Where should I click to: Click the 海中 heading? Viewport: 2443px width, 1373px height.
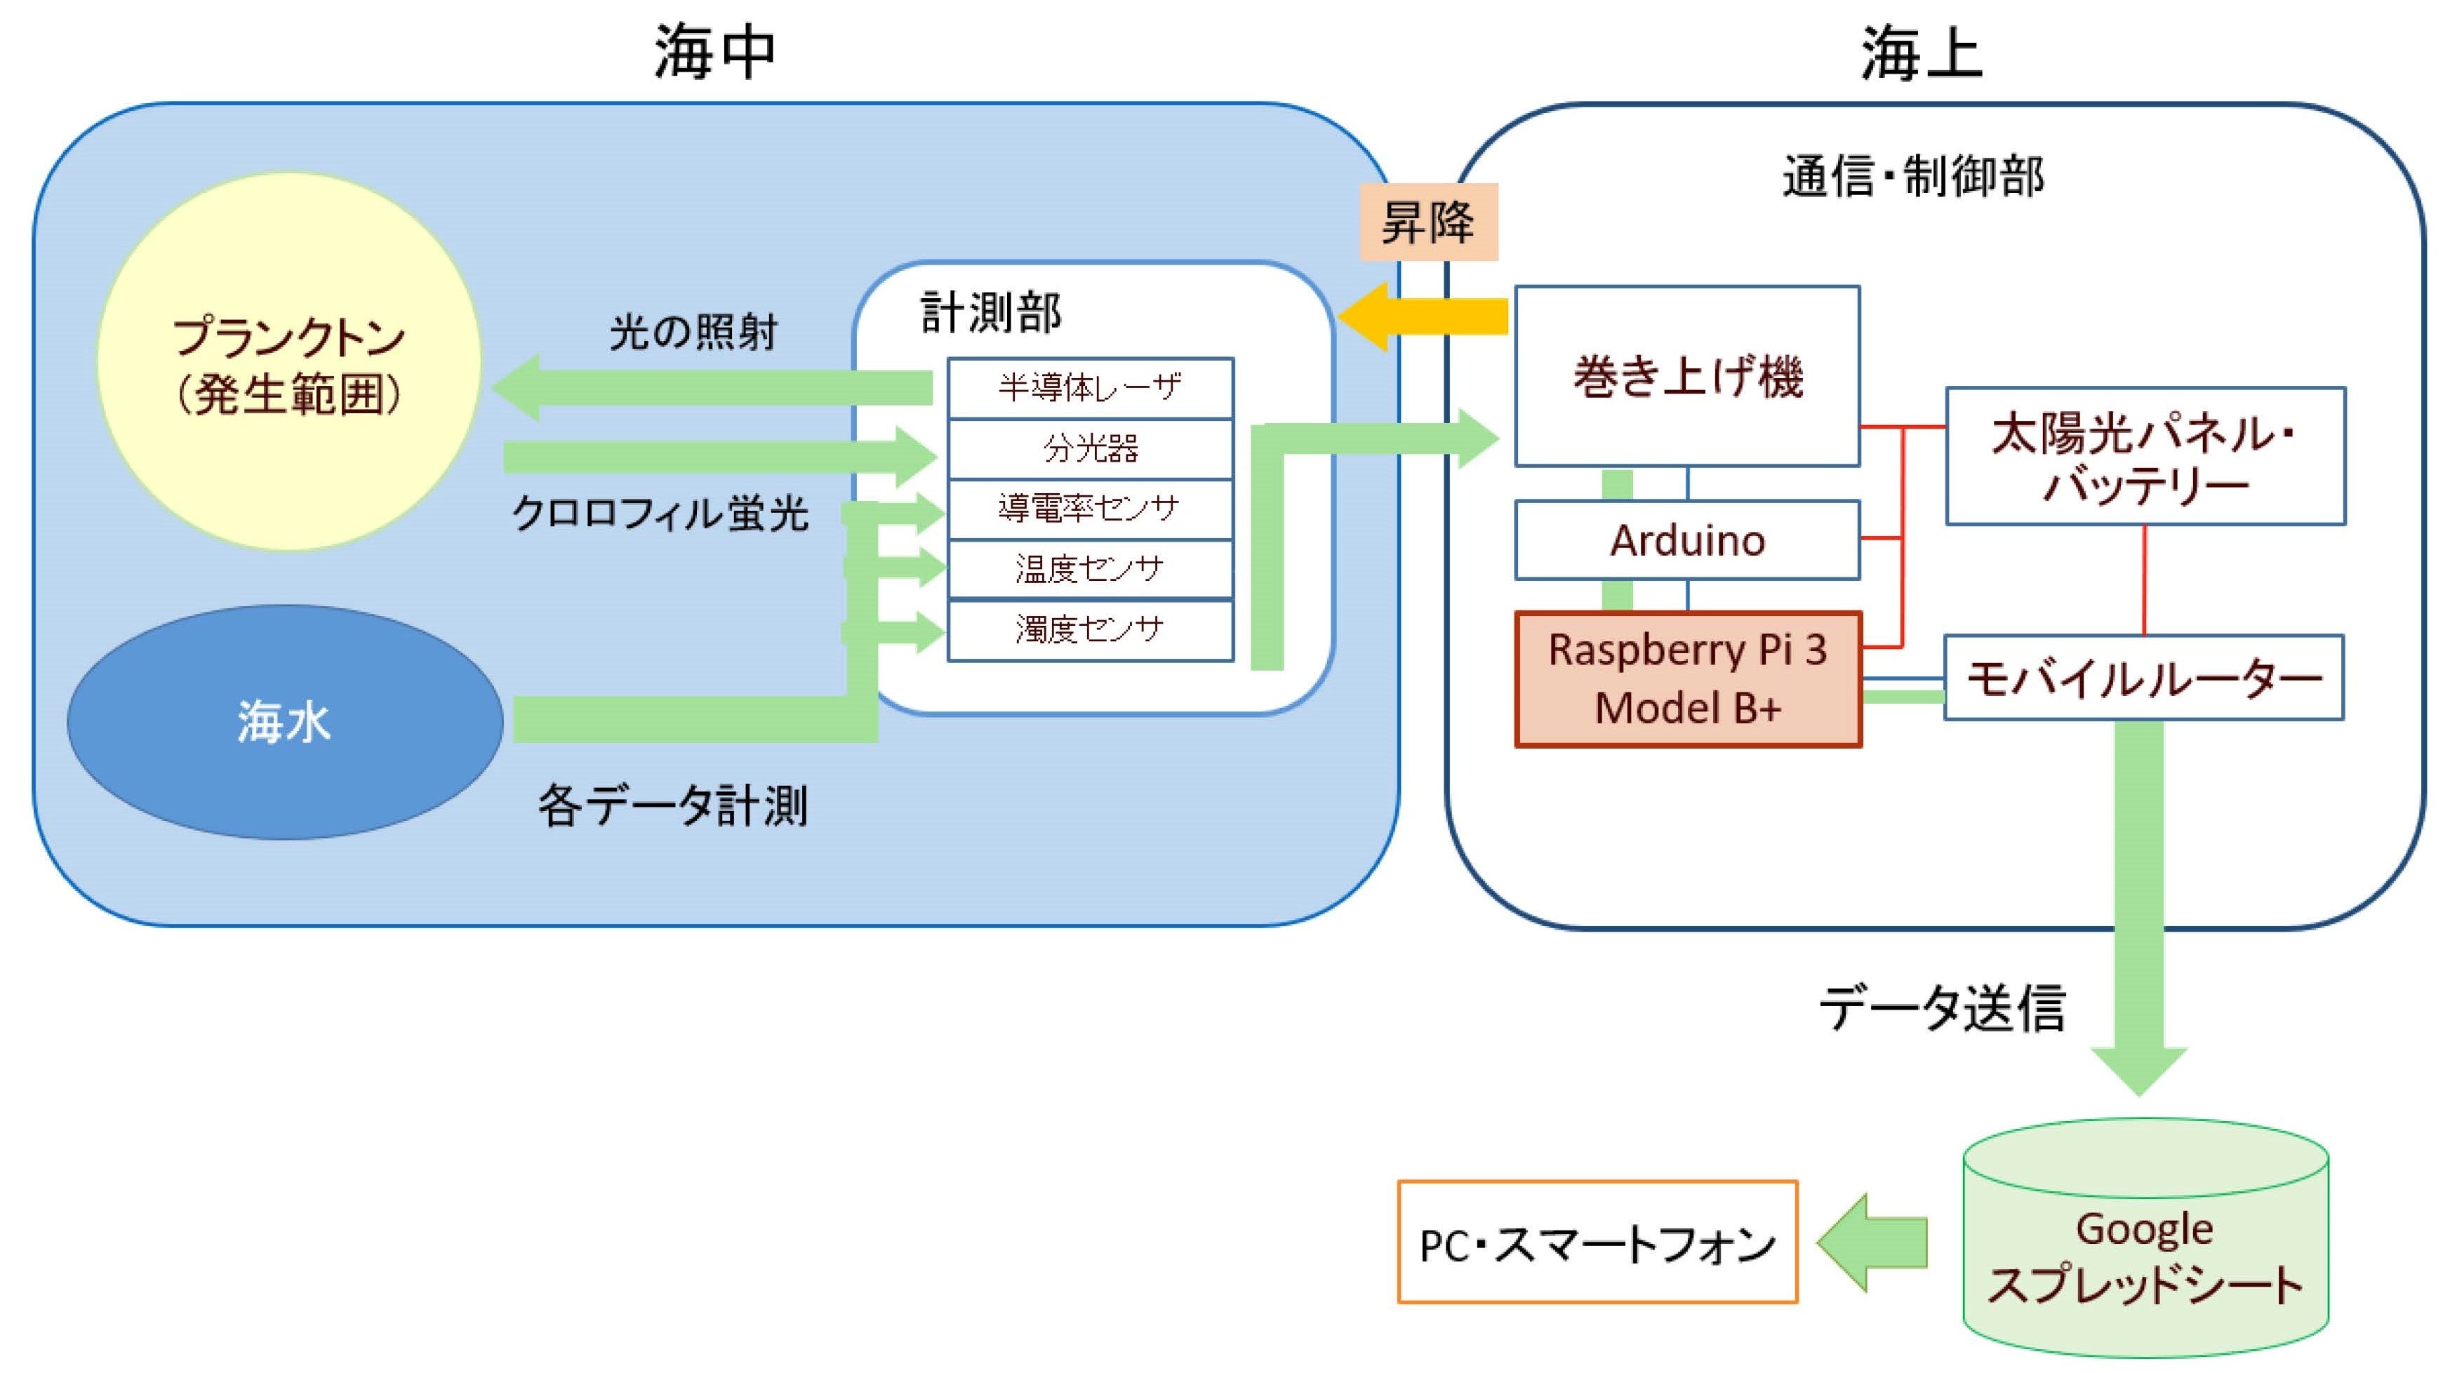715,52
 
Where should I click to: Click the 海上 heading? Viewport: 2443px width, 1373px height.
1922,52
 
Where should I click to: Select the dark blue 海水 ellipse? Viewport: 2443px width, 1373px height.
284,722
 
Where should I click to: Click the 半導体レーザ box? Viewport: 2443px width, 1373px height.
1091,388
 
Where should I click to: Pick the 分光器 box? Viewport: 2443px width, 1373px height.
1091,448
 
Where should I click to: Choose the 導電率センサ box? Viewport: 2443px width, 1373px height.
1091,509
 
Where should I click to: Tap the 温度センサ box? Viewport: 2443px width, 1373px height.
1091,569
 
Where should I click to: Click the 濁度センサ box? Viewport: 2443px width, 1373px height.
1091,629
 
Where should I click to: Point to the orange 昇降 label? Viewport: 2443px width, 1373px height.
1428,222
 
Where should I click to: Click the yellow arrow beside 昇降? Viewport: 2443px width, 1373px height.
1423,316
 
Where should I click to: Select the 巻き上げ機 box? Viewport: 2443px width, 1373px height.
1687,377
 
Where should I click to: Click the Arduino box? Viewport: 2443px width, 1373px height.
1687,540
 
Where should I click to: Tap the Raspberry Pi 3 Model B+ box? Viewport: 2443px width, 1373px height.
1688,679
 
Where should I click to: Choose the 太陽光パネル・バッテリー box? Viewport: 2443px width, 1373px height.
2145,456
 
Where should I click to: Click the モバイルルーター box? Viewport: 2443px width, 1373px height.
2143,678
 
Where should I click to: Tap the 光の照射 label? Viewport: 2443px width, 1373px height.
693,332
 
